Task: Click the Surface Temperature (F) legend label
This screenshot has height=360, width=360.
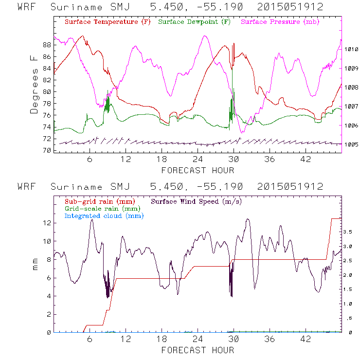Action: (108, 22)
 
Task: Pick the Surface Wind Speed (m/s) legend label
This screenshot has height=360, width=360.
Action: (197, 201)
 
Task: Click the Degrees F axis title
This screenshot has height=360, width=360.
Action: (34, 84)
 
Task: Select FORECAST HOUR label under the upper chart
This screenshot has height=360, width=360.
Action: (198, 170)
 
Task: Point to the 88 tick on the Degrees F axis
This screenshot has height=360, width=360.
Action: (47, 45)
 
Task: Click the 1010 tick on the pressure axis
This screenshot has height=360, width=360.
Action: (351, 49)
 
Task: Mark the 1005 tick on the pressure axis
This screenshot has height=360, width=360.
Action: (351, 144)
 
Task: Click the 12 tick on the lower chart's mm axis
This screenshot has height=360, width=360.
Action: (47, 223)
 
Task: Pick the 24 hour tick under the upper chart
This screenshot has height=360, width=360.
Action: (198, 160)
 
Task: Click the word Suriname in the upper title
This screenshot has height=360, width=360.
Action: (76, 7)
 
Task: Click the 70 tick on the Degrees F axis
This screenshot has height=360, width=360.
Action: (47, 150)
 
